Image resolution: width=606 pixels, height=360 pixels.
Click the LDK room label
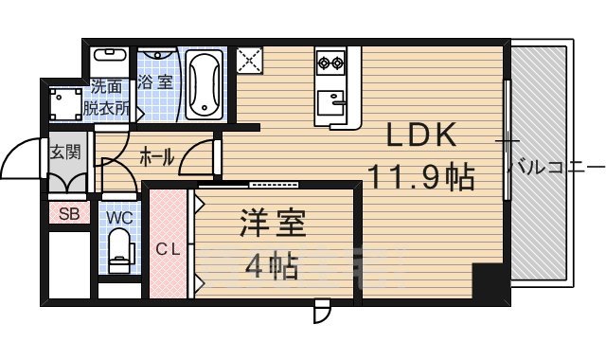point(422,136)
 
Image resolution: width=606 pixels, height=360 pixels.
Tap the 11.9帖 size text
point(420,175)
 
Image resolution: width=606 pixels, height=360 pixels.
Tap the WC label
point(119,218)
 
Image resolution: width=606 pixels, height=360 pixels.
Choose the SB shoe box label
point(69,213)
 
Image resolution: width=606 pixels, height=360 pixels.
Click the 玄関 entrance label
point(65,153)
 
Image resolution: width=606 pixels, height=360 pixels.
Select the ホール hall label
point(155,157)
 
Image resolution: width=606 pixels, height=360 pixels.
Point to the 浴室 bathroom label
point(155,82)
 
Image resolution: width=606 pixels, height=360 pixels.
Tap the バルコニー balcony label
point(555,168)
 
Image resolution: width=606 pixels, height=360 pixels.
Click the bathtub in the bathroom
point(204,84)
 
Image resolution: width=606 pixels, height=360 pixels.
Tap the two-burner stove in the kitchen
point(331,64)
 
